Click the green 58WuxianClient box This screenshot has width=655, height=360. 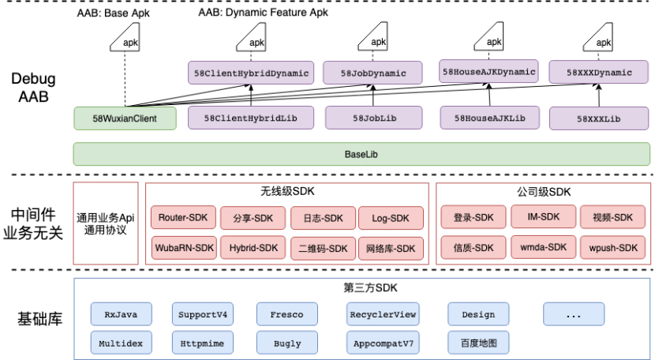[125, 118]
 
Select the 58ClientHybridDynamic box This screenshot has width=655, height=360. [252, 73]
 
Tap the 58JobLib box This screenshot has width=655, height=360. [374, 118]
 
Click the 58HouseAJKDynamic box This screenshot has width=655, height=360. [488, 72]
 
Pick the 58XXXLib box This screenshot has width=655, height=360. [599, 118]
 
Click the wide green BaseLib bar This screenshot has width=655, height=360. [361, 154]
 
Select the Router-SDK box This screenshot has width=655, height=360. [182, 218]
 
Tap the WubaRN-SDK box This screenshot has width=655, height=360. [182, 248]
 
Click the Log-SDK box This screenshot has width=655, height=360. [390, 218]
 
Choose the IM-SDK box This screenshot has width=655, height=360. [540, 217]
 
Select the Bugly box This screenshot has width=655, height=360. [286, 343]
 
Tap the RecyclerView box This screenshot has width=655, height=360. [382, 314]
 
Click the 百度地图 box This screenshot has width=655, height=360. [478, 343]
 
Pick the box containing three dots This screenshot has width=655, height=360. [573, 314]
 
